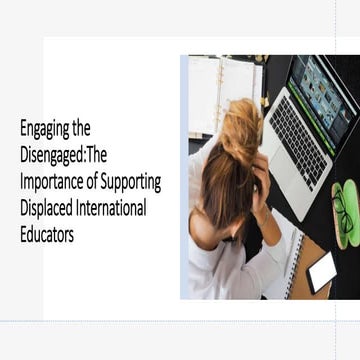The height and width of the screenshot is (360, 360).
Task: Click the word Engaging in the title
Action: [46, 128]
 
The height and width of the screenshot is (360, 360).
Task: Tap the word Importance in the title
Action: [56, 182]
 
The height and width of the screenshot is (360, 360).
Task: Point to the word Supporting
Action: [127, 182]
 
